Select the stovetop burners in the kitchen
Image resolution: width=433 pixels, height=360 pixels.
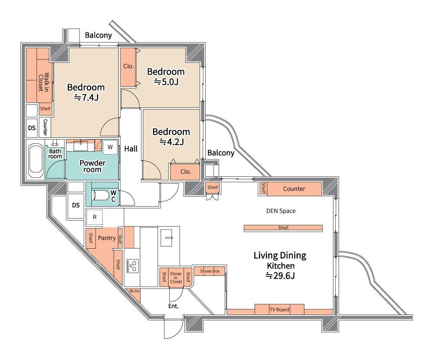pos(132,266)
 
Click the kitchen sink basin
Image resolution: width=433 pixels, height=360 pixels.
pos(166,237)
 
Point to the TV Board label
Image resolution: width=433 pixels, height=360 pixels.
pos(279,310)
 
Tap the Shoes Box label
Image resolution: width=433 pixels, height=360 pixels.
pos(210,271)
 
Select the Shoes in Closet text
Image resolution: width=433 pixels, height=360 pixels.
pos(176,277)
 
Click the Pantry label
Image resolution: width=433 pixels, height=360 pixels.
pos(107,238)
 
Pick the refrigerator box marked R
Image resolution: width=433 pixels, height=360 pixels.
pos(94,217)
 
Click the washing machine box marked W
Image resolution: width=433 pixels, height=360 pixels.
pos(110,147)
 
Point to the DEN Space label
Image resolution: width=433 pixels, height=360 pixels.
pos(281,211)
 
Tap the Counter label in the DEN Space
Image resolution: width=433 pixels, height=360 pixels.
pos(294,189)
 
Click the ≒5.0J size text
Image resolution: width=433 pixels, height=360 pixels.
pos(166,82)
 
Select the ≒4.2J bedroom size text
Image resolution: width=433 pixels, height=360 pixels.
pos(171,142)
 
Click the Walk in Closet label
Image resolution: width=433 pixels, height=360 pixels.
pos(44,82)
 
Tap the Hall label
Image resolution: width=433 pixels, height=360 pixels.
pos(131,149)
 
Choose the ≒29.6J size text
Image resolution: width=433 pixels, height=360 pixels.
pos(280,276)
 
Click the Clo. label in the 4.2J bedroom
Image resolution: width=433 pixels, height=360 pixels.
pos(186,172)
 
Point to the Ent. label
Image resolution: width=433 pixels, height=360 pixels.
pos(174,306)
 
